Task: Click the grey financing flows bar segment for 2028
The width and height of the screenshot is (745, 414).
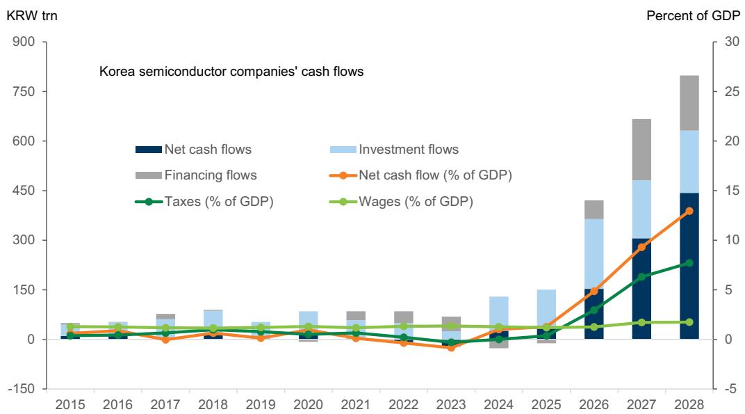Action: [689, 103]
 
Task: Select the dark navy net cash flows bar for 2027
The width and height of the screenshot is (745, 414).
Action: [641, 288]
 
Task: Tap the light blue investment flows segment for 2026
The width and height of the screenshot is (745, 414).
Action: [594, 254]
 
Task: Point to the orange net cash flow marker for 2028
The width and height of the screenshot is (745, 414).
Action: [689, 211]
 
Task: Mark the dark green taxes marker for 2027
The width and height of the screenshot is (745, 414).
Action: [642, 277]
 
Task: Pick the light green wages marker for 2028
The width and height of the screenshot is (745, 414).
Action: [689, 322]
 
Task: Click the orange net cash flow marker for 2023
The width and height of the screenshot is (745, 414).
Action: [451, 348]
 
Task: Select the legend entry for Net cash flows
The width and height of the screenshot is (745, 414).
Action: [193, 150]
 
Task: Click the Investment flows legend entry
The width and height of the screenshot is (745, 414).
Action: [394, 150]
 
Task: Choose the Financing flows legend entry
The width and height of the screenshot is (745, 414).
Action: [196, 175]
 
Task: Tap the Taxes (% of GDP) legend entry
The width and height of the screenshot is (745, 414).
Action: [204, 202]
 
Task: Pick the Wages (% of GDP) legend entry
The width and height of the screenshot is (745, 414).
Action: [402, 202]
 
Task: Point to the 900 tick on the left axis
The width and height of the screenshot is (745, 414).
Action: [24, 42]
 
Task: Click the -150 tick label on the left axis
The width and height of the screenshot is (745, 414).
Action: [22, 389]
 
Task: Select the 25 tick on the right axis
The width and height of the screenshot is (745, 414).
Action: [732, 91]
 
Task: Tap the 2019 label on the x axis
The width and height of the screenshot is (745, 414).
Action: [261, 404]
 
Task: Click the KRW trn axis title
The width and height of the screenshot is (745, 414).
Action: [32, 16]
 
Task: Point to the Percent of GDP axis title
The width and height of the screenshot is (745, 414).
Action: [693, 16]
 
